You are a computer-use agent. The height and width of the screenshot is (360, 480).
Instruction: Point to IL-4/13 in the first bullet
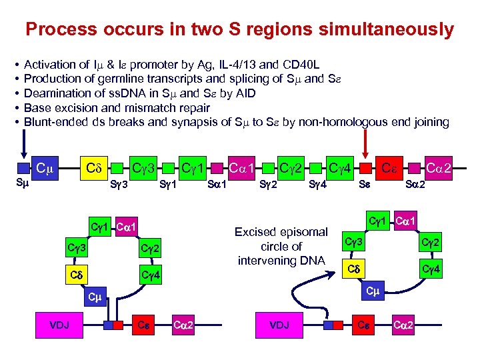coord(234,65)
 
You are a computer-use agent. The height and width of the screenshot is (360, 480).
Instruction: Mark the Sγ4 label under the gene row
coord(317,184)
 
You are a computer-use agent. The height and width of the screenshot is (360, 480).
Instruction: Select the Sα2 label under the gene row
coord(416,184)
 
